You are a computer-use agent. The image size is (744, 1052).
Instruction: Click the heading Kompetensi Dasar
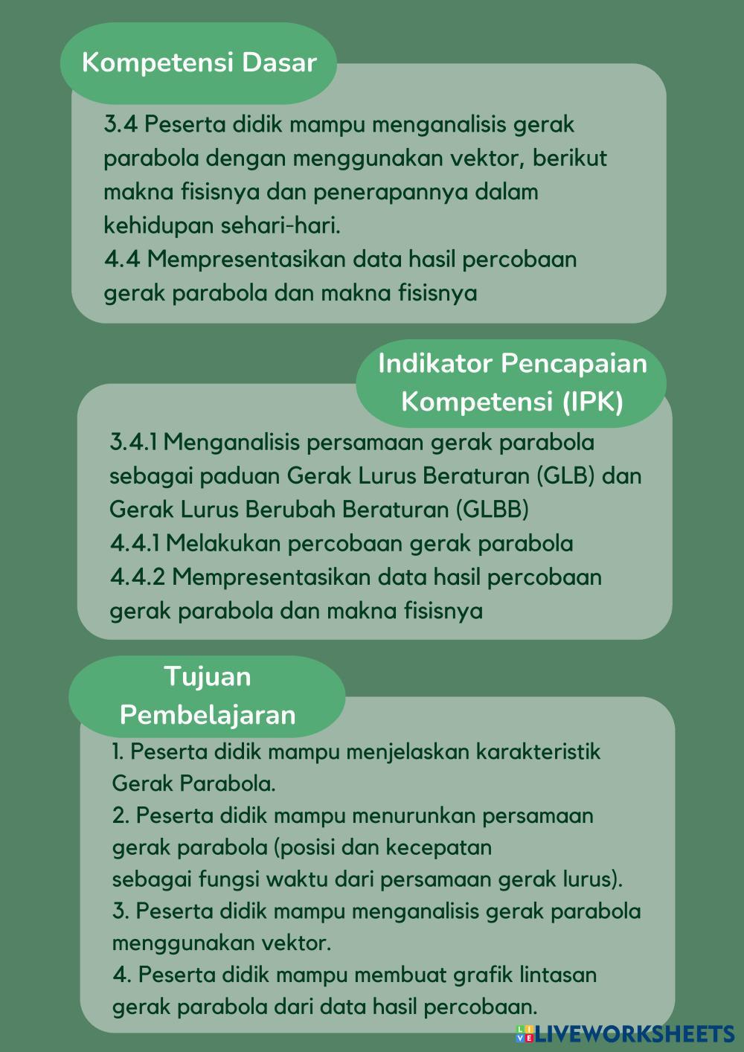(x=199, y=62)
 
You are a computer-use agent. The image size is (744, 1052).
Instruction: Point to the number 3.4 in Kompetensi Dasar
(x=121, y=124)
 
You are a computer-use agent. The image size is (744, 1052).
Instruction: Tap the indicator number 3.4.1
(x=134, y=442)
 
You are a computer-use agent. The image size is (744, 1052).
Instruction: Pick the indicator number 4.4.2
(x=138, y=577)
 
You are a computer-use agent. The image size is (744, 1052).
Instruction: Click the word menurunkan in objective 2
(x=414, y=815)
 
